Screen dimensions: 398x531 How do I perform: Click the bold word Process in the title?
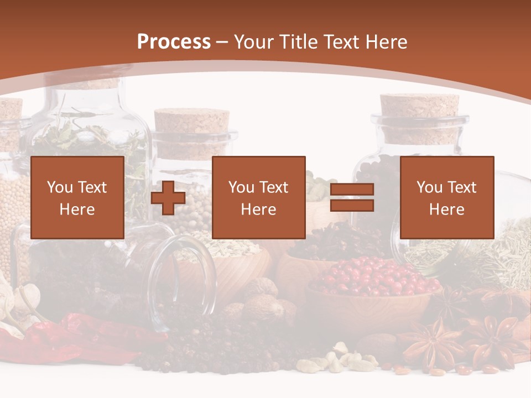point(174,42)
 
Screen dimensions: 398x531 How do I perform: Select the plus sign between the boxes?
point(168,198)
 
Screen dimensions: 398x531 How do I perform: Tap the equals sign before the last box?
point(352,197)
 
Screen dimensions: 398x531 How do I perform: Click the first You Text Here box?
point(77,197)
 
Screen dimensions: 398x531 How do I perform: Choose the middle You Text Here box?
point(258,197)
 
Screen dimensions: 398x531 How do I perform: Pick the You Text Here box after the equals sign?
point(446,197)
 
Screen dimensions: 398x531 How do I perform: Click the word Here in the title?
point(387,42)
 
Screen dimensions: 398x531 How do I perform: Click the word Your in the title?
point(253,42)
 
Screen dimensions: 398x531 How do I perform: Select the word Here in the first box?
point(77,210)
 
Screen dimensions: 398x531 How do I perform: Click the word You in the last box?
point(430,187)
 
